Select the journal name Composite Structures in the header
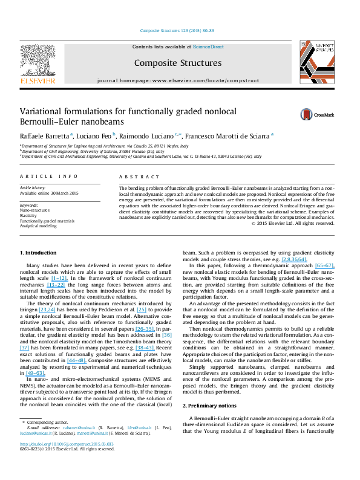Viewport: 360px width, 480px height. (x=177, y=63)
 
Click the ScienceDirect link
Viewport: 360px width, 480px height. (x=208, y=47)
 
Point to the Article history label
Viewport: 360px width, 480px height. (x=32, y=188)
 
